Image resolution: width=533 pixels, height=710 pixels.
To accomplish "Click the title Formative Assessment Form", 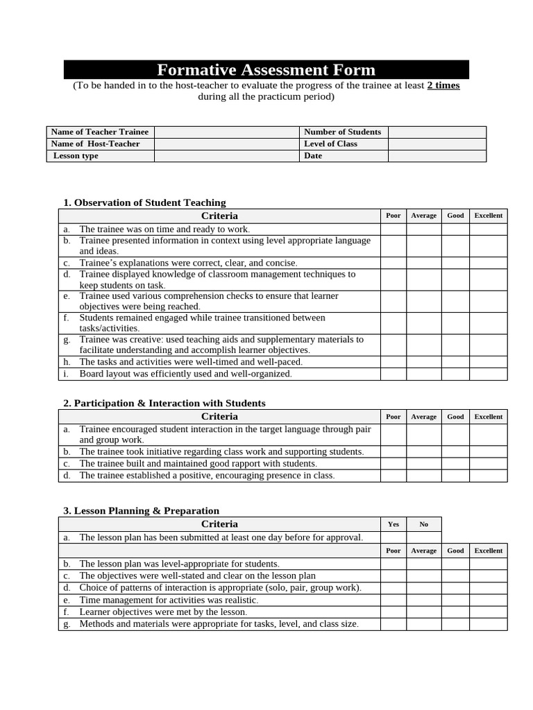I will click(x=266, y=70).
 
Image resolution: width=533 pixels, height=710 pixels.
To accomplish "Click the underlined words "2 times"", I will click(x=443, y=85).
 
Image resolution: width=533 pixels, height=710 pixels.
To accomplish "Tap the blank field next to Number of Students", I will click(x=437, y=132).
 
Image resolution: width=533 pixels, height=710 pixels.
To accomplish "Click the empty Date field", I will click(x=437, y=156).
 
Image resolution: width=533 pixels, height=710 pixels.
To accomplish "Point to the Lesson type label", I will click(x=76, y=156).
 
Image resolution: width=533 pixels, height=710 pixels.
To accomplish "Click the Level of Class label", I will click(x=330, y=144).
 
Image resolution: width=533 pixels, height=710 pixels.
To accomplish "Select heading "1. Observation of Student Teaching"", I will click(x=144, y=202).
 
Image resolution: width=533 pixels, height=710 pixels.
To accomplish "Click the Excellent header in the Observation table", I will click(x=488, y=216).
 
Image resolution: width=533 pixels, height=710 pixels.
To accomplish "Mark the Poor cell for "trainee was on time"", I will click(x=393, y=229).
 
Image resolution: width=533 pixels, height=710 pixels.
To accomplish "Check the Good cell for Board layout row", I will click(x=455, y=374).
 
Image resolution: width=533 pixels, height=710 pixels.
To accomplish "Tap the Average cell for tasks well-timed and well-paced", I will click(x=423, y=362).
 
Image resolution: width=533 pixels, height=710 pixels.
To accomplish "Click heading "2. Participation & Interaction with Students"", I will click(x=164, y=403).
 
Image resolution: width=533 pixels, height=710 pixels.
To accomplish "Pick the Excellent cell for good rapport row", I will click(x=488, y=463).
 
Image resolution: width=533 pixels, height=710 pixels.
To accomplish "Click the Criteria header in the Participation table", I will click(x=219, y=417).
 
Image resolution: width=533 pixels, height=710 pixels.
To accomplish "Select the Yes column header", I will click(x=393, y=524).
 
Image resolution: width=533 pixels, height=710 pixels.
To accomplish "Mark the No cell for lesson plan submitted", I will click(x=423, y=537).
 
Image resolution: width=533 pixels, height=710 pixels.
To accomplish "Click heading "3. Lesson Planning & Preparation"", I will click(x=141, y=510).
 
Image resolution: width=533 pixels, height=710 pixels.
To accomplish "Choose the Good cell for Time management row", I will click(x=455, y=600).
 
